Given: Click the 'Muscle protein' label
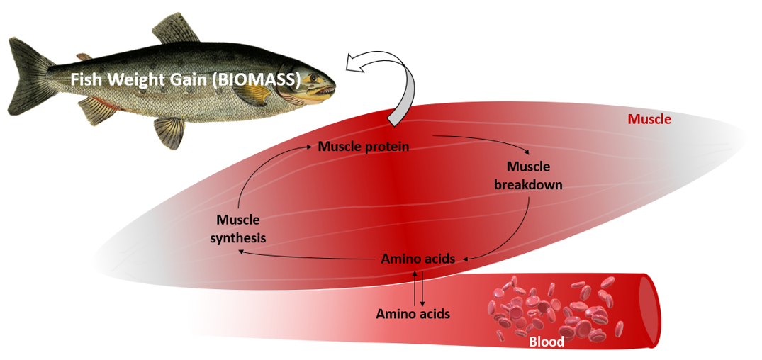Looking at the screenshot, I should coord(364,147).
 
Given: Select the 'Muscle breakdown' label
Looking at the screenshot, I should coord(528,176).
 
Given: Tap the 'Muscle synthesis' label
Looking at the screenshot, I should coord(238,229).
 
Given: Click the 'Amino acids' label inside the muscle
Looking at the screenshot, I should coord(418,259).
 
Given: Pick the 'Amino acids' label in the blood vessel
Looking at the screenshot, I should coord(413,313).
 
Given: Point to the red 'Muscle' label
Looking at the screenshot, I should coord(649,120).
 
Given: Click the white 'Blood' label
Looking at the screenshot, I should coord(547,342).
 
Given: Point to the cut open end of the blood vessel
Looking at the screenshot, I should coord(648,312).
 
